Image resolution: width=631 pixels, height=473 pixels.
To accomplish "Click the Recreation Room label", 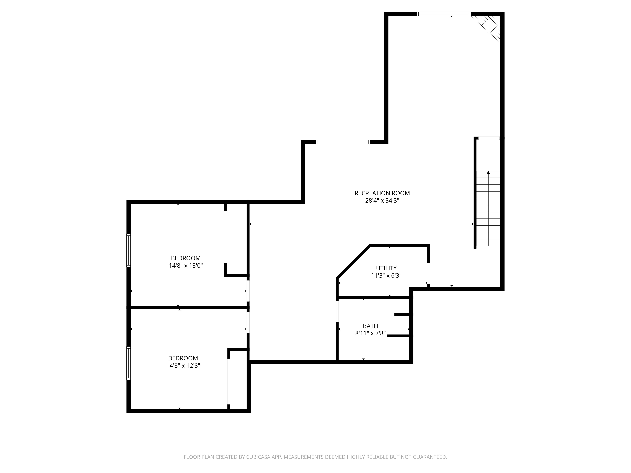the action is click(x=382, y=193).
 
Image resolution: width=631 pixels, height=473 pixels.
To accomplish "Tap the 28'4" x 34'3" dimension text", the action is click(x=382, y=201).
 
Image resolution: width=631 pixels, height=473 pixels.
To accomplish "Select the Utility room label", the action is click(x=386, y=268).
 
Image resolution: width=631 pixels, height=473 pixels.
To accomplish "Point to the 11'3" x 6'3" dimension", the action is click(x=386, y=276).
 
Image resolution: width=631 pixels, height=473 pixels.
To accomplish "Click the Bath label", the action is click(x=370, y=326).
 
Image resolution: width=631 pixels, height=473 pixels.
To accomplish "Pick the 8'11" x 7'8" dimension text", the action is click(x=370, y=333).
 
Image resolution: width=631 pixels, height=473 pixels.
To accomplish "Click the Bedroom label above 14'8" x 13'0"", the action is click(x=186, y=258).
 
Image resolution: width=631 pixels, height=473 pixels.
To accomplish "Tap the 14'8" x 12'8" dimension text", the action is click(x=183, y=366).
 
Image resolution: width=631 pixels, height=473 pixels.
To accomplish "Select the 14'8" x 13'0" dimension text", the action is click(x=186, y=266).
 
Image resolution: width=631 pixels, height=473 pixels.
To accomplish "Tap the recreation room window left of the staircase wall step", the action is click(x=343, y=142).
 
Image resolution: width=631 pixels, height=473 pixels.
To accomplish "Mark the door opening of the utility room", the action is click(x=428, y=273).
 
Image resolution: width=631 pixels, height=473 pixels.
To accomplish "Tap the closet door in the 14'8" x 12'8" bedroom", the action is click(x=229, y=382).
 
